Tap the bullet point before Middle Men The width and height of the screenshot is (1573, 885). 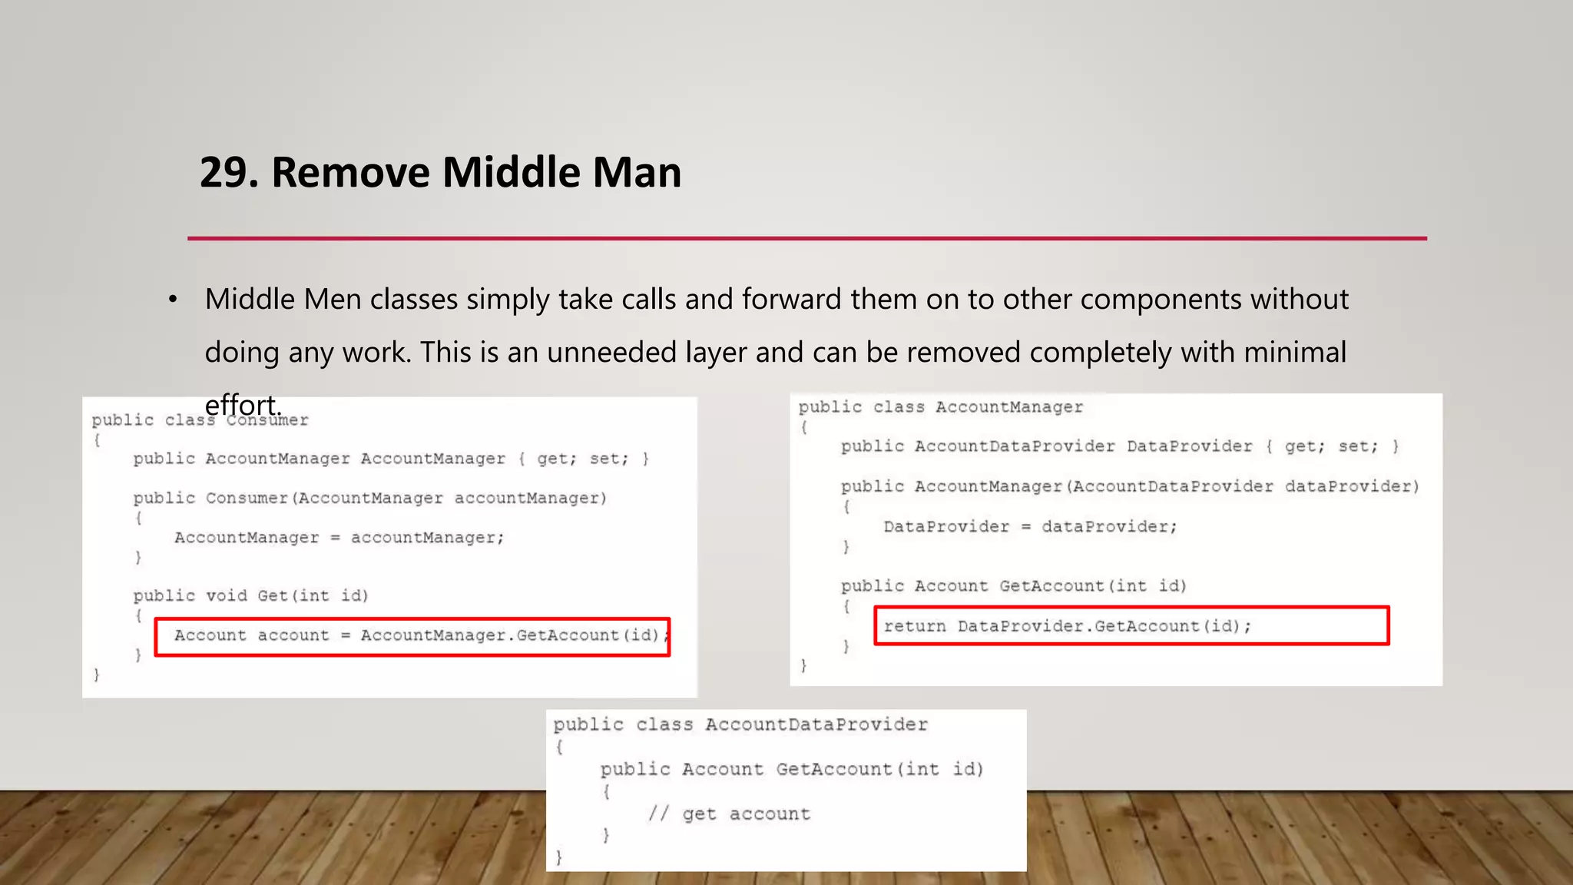[x=174, y=300]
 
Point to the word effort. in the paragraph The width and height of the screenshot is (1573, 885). [x=243, y=405]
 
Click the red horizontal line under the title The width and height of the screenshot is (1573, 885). [x=806, y=238]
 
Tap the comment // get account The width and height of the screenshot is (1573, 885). [x=729, y=814]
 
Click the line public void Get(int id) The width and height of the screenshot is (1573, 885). [x=250, y=596]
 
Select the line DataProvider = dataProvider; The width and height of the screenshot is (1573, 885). [x=1029, y=527]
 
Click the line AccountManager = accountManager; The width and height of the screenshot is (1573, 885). [x=339, y=538]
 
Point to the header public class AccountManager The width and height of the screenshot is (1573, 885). [x=940, y=407]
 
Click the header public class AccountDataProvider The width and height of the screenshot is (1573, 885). [x=740, y=724]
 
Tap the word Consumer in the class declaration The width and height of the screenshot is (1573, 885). [x=268, y=420]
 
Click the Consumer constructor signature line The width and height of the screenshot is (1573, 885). [x=369, y=498]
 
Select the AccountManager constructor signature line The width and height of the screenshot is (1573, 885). [x=1129, y=486]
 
